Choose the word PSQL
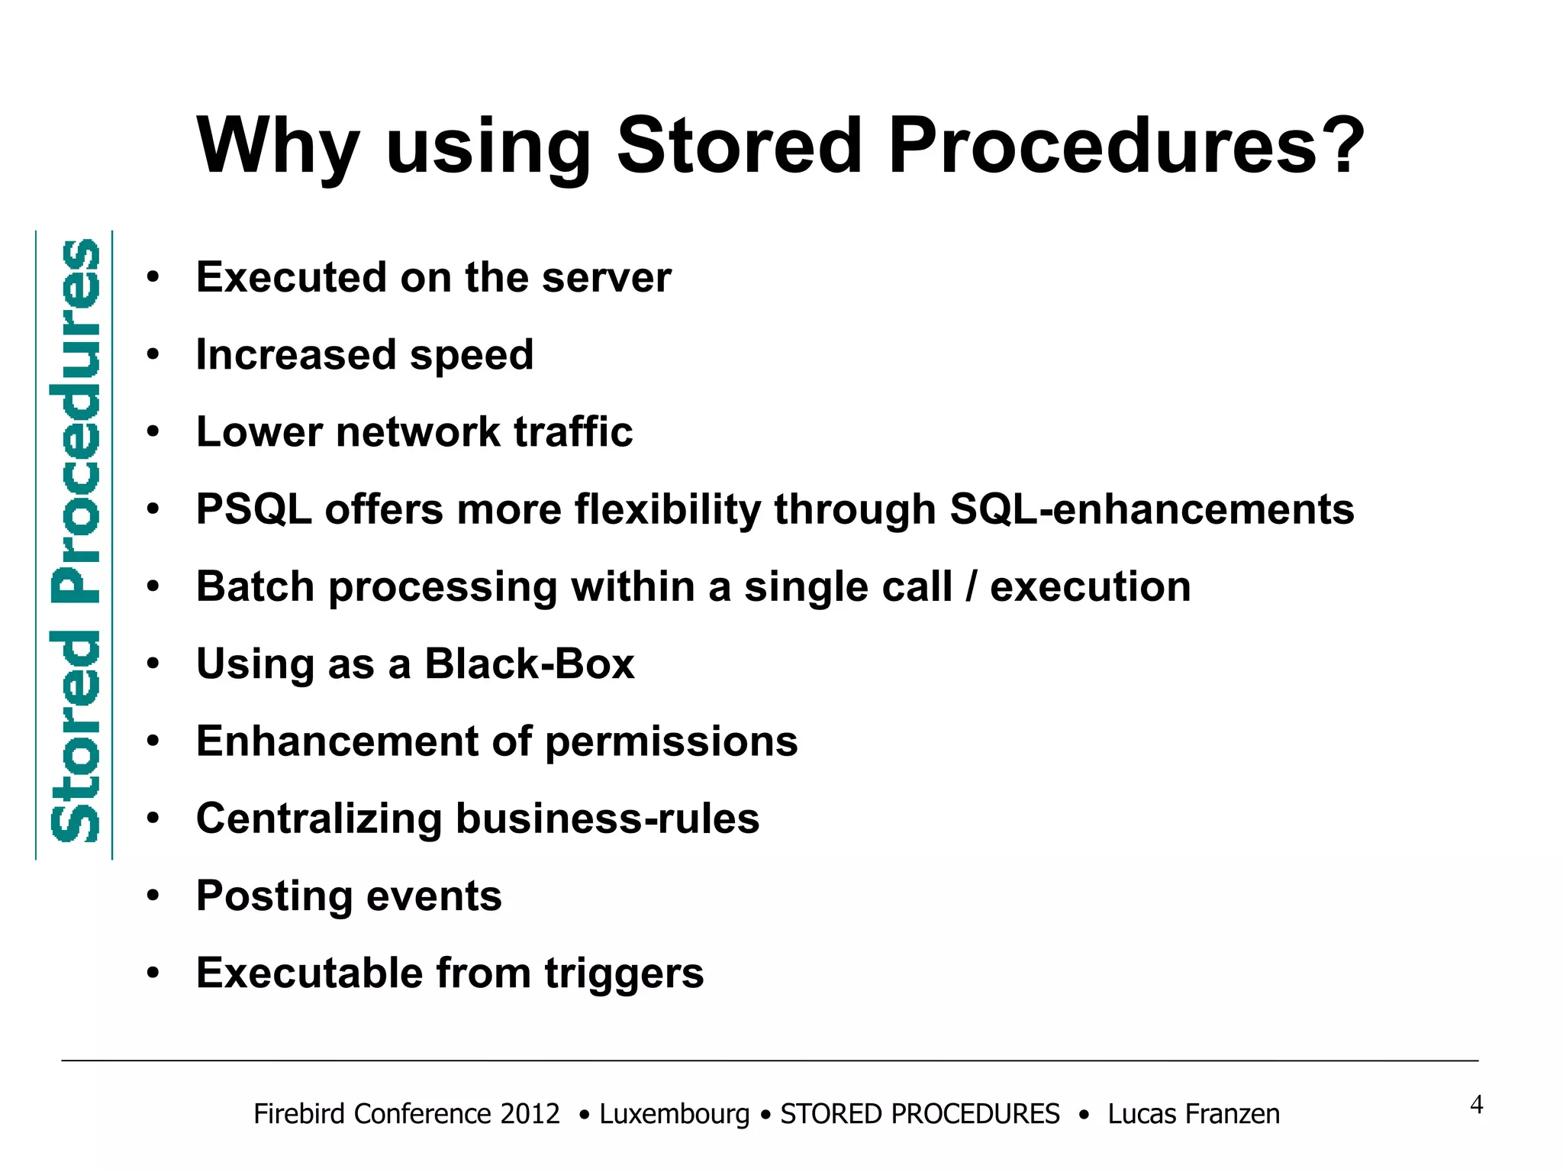(x=253, y=509)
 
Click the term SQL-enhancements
(x=1152, y=509)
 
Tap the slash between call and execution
(x=971, y=586)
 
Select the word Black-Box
(x=530, y=663)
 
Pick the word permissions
(x=671, y=742)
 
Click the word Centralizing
(x=319, y=818)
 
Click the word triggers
(x=624, y=974)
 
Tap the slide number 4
(x=1476, y=1105)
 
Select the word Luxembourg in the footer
(x=675, y=1114)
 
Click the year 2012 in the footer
(x=530, y=1114)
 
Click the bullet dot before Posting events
(x=153, y=896)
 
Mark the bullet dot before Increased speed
(x=153, y=355)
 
